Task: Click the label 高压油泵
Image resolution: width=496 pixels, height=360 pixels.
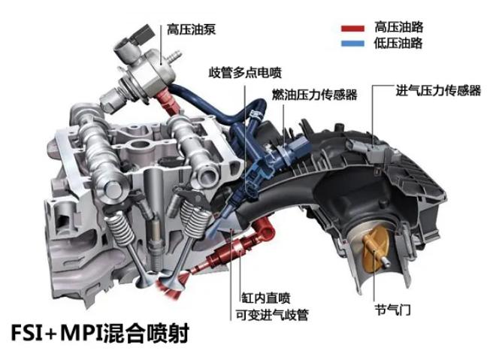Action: (191, 29)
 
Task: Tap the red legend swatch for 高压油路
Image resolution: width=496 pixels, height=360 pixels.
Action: (352, 29)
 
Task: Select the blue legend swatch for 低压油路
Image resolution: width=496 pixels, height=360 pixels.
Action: (352, 44)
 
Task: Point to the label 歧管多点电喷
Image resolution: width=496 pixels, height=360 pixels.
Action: (245, 73)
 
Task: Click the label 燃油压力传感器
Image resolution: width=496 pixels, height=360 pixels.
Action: (314, 95)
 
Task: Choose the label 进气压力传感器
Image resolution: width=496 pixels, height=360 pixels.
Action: (438, 90)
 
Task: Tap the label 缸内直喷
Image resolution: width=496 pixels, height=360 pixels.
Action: (266, 298)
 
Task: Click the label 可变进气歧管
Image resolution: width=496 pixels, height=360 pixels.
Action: (272, 315)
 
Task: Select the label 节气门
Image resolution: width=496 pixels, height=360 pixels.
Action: (392, 310)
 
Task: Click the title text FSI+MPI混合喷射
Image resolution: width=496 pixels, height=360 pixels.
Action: (100, 333)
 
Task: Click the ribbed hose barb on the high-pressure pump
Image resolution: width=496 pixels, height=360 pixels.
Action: (174, 56)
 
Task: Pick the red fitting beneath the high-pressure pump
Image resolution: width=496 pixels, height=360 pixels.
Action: (168, 101)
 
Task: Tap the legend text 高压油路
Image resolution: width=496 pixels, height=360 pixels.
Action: (398, 27)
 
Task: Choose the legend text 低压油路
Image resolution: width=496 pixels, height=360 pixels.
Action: (398, 43)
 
